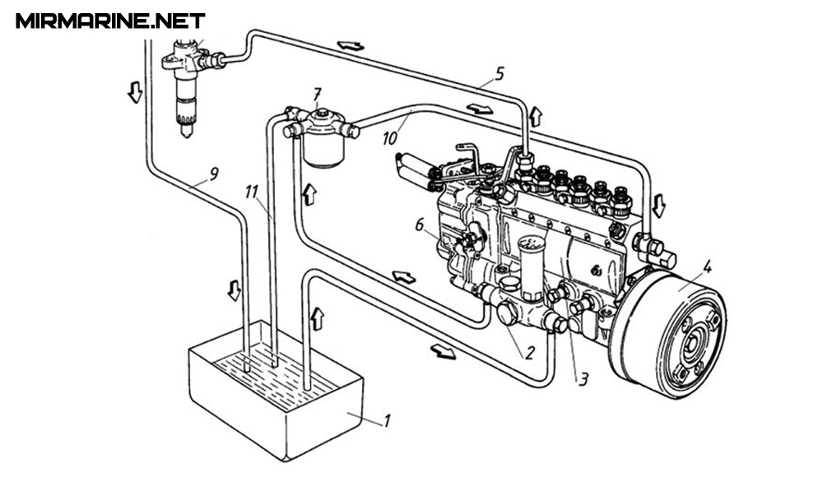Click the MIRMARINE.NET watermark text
110,21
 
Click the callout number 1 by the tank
387,420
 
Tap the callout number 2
529,352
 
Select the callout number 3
584,379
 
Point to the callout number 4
707,267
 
